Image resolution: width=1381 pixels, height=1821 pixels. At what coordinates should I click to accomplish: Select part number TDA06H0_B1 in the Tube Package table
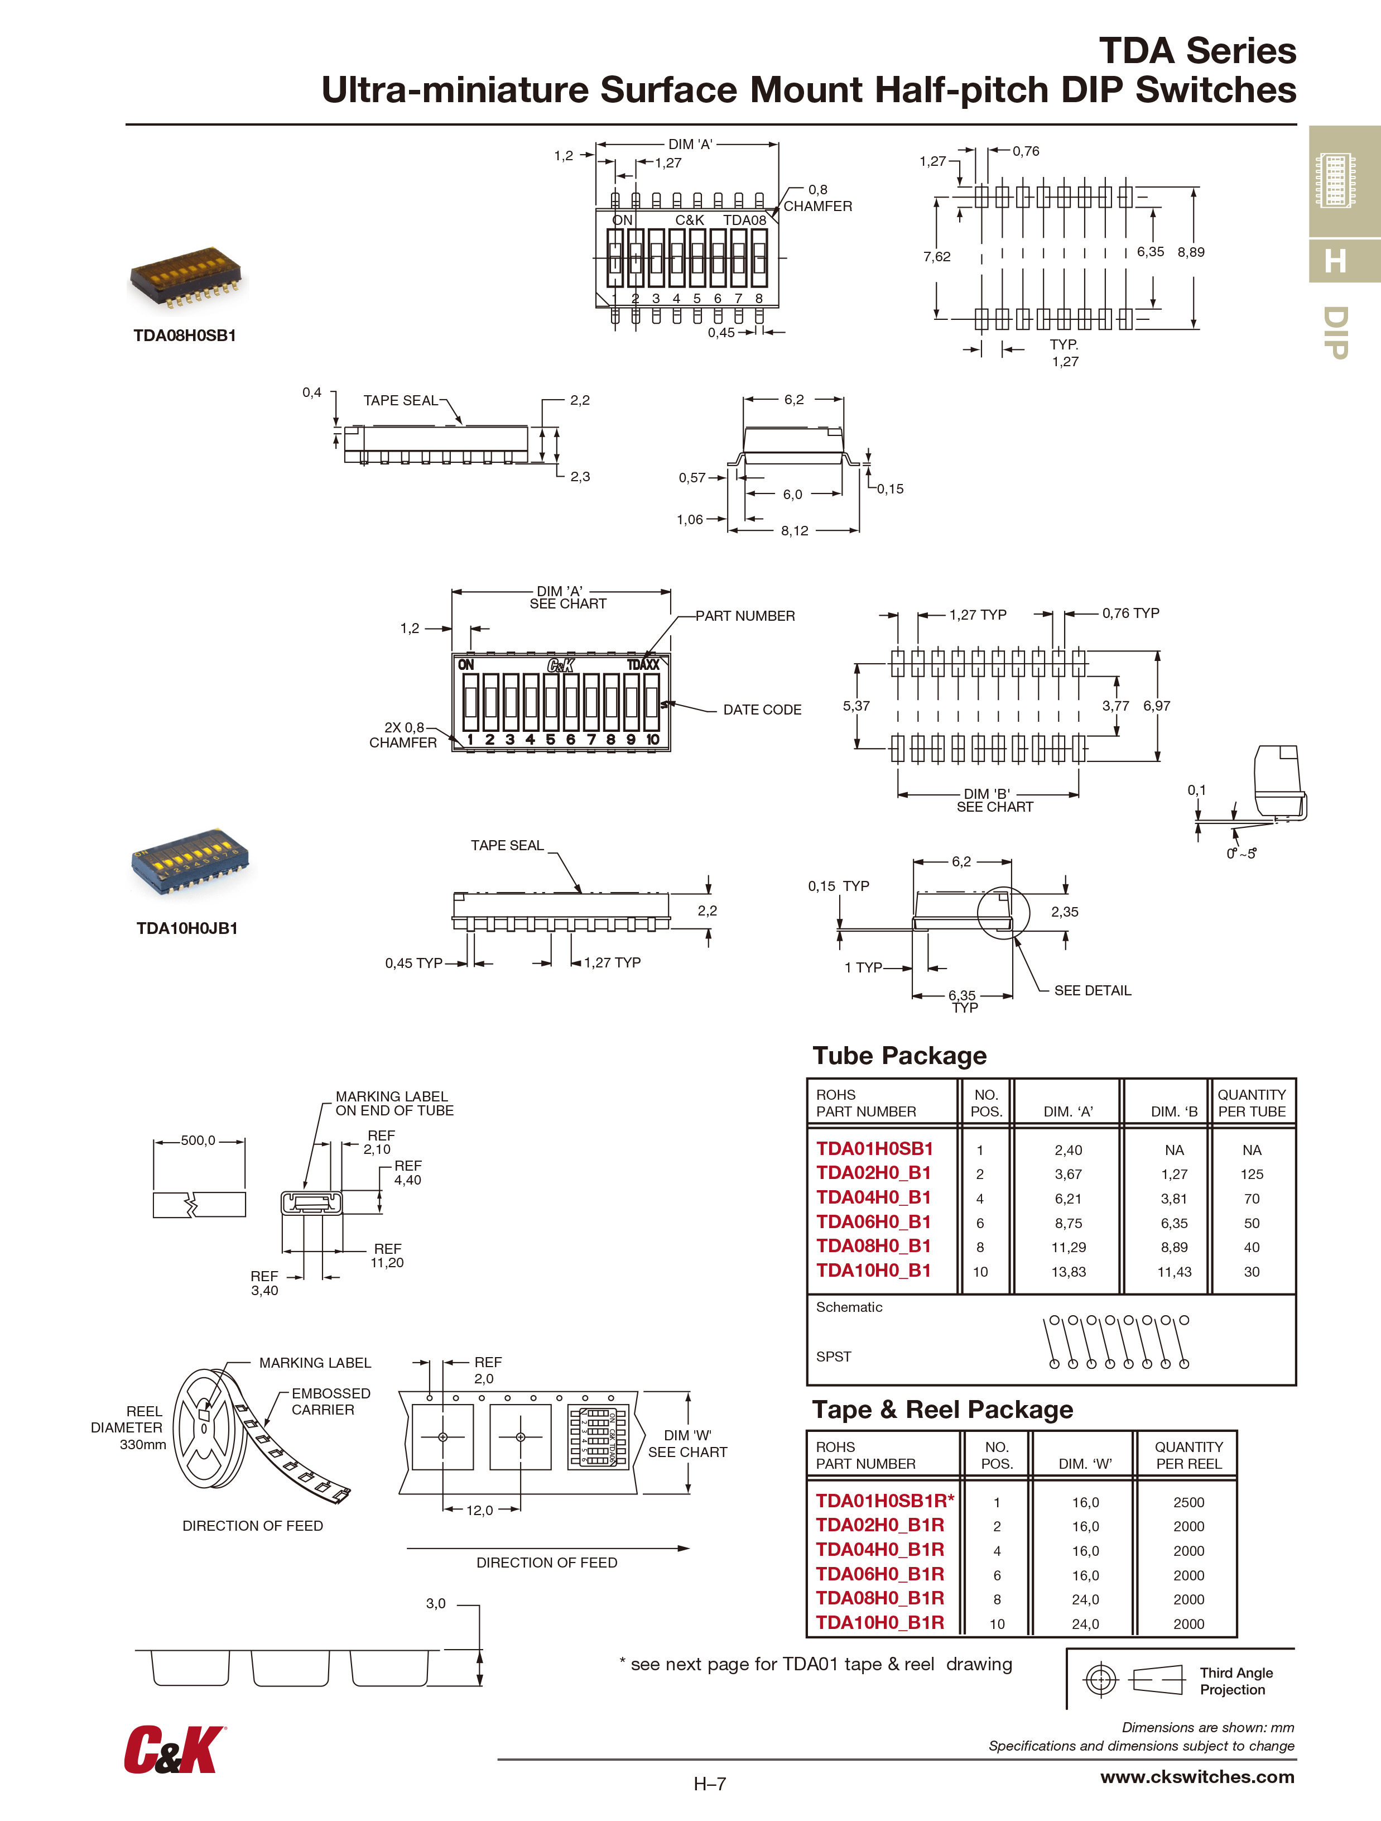click(873, 1221)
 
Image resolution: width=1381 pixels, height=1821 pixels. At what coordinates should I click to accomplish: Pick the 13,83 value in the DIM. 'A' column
click(1069, 1272)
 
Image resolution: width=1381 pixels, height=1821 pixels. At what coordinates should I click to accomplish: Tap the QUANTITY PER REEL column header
click(1188, 1455)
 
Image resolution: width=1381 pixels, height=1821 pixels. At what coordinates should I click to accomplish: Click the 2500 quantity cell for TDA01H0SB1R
click(1188, 1502)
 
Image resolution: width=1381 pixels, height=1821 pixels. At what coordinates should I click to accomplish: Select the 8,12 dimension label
click(794, 531)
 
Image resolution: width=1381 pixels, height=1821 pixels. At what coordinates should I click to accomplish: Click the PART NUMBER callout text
click(745, 616)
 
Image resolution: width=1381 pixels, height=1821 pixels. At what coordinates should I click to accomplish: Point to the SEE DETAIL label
click(1092, 990)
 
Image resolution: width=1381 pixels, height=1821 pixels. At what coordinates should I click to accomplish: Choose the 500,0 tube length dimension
click(198, 1140)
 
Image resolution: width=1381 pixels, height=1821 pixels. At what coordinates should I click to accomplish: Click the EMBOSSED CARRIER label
click(330, 1401)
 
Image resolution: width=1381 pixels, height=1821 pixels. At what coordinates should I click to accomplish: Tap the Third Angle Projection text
click(1235, 1681)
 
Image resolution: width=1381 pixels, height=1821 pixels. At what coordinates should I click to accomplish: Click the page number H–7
click(709, 1784)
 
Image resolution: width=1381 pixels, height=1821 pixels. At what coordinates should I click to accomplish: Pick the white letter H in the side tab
click(1335, 261)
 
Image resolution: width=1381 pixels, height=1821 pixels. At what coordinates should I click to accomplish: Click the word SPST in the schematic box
click(833, 1356)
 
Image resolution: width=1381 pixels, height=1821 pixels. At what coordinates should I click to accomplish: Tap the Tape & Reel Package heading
click(942, 1410)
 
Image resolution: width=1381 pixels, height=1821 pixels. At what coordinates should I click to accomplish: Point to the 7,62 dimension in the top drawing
click(937, 257)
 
